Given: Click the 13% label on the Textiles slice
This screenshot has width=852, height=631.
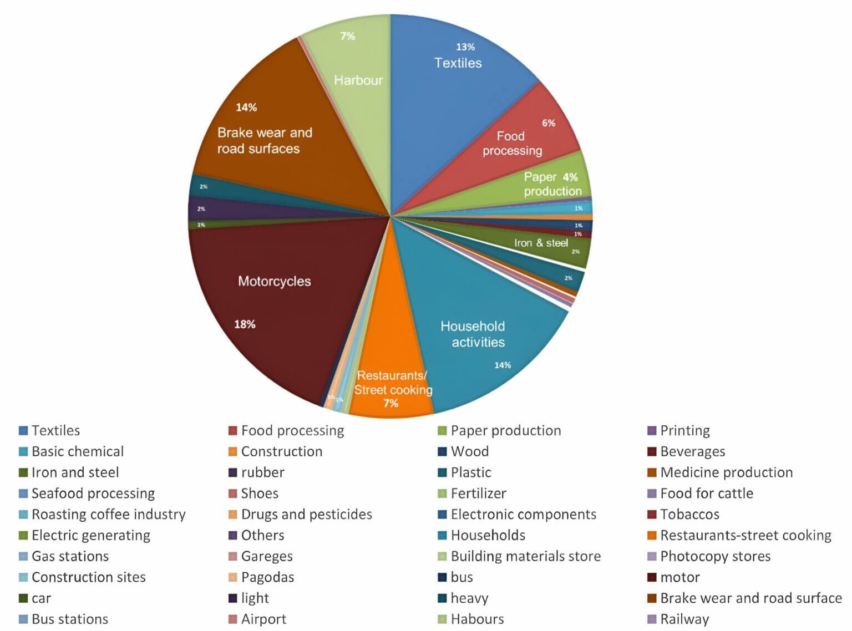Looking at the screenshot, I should click(465, 47).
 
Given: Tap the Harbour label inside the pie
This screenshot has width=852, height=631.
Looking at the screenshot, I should click(358, 80).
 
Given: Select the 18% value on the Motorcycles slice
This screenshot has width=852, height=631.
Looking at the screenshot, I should click(245, 324).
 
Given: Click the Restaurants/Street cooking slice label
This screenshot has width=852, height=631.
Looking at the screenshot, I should click(393, 383).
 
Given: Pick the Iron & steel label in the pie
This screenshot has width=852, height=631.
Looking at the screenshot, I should click(541, 243).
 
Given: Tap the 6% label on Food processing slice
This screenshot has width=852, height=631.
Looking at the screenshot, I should click(549, 123).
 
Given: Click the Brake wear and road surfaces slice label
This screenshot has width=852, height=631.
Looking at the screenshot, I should click(264, 140).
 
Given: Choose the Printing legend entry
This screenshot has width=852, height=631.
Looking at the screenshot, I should click(684, 431).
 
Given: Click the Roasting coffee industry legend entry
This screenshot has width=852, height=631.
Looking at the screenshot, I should click(108, 515).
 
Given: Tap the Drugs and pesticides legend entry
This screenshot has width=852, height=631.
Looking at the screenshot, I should click(306, 515).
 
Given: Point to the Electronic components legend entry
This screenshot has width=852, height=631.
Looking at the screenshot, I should click(523, 515).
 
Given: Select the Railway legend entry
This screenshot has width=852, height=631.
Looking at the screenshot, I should click(684, 619).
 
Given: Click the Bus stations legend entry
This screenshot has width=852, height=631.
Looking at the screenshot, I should click(69, 619).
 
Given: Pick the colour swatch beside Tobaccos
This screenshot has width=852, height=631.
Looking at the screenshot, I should click(652, 515).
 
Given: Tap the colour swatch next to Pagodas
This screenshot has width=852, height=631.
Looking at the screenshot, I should click(233, 578).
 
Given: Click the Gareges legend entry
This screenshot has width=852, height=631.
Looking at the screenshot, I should click(266, 557).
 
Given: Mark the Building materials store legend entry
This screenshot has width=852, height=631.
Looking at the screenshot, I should click(525, 557).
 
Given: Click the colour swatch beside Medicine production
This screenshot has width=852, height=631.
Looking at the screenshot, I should click(652, 473).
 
